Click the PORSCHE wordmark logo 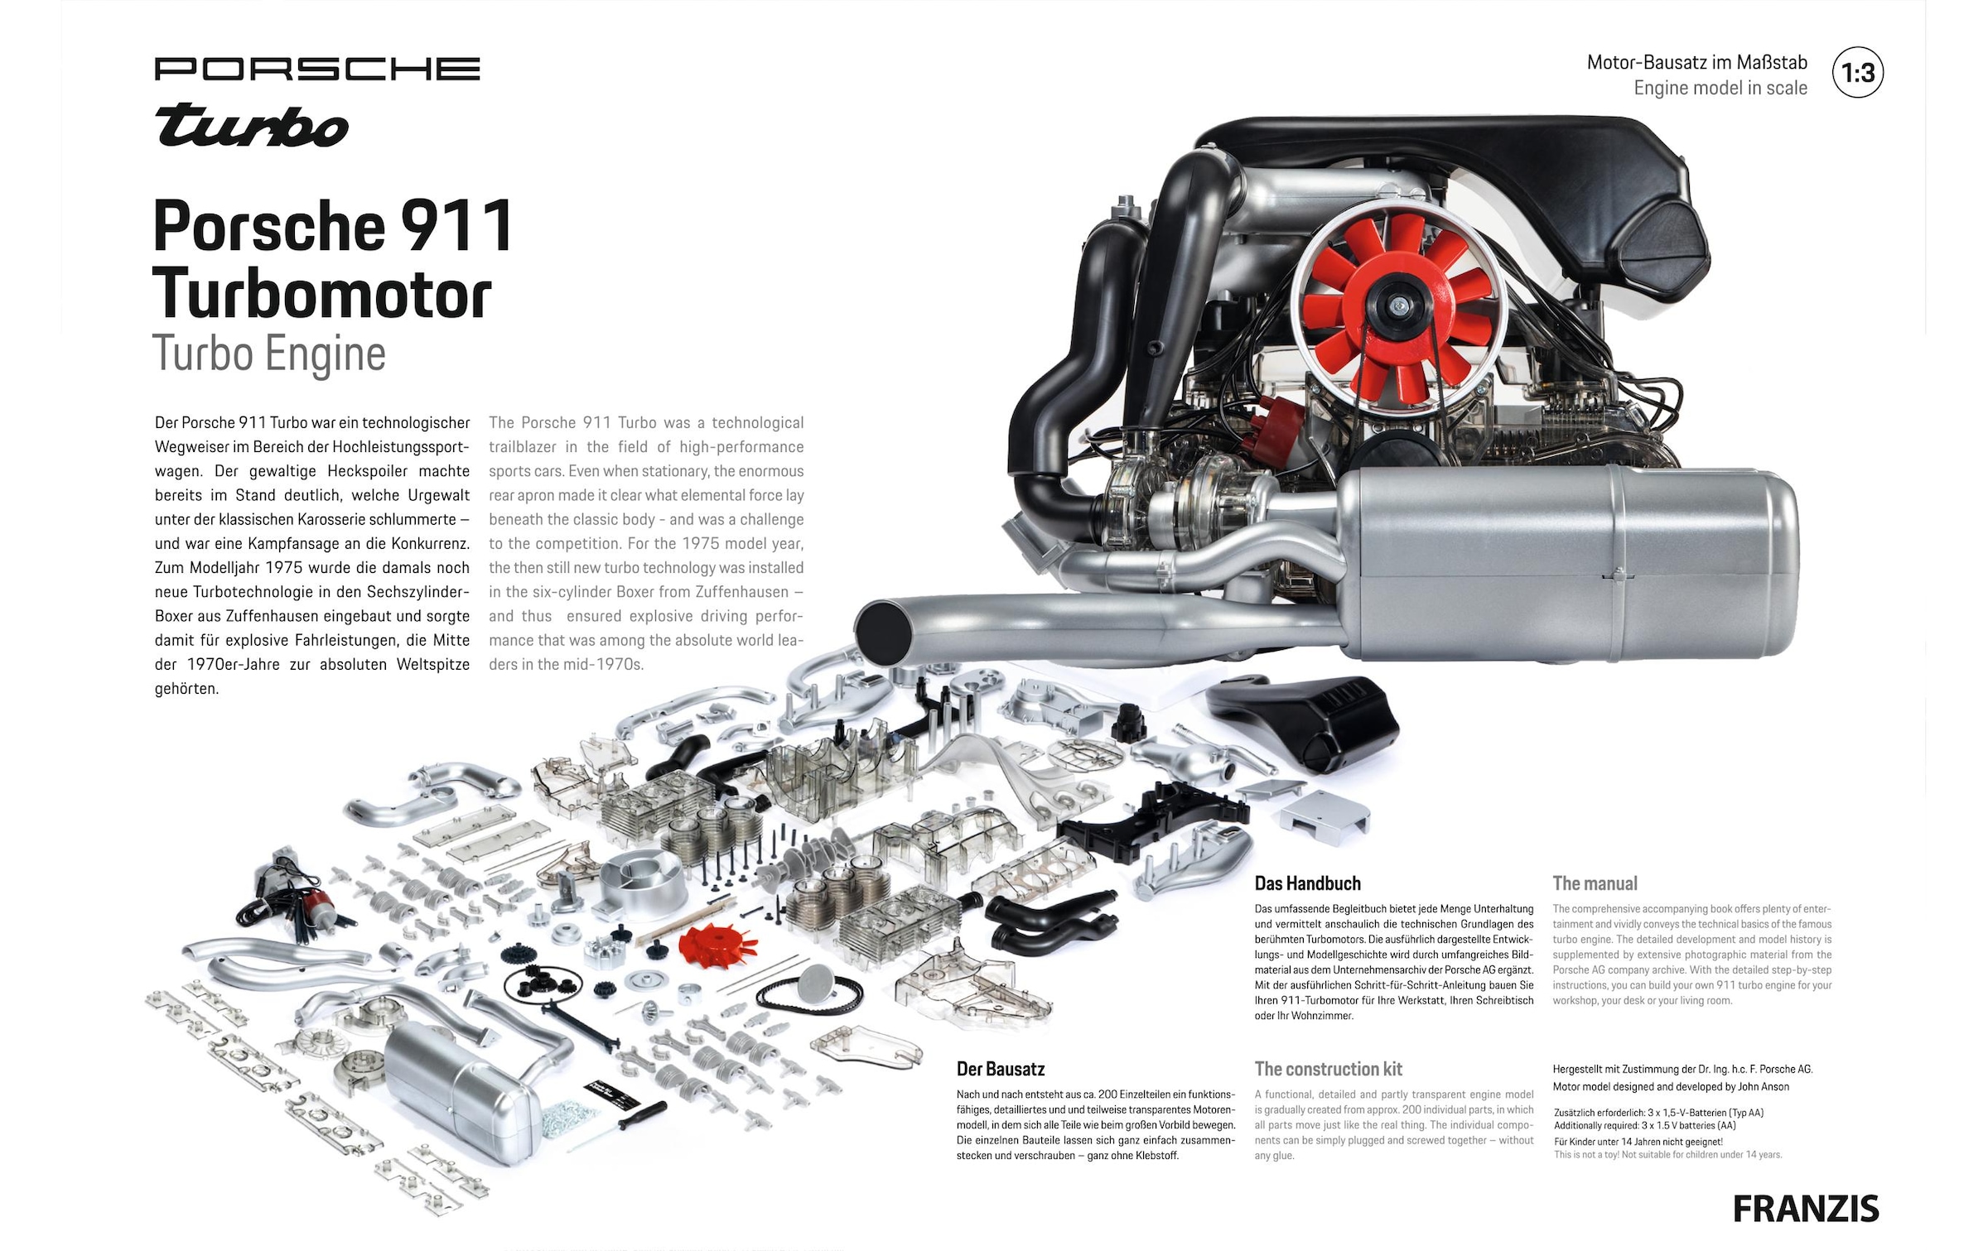click(317, 69)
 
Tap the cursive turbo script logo click(252, 126)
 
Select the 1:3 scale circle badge click(1858, 73)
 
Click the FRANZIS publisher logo click(1806, 1209)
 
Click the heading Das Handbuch click(1307, 883)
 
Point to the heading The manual click(1595, 883)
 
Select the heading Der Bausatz click(1001, 1069)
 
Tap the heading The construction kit click(1329, 1069)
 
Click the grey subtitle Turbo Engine click(269, 354)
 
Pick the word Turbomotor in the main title click(322, 294)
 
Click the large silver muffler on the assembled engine click(1567, 563)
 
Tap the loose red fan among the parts click(717, 946)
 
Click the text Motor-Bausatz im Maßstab click(1696, 62)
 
